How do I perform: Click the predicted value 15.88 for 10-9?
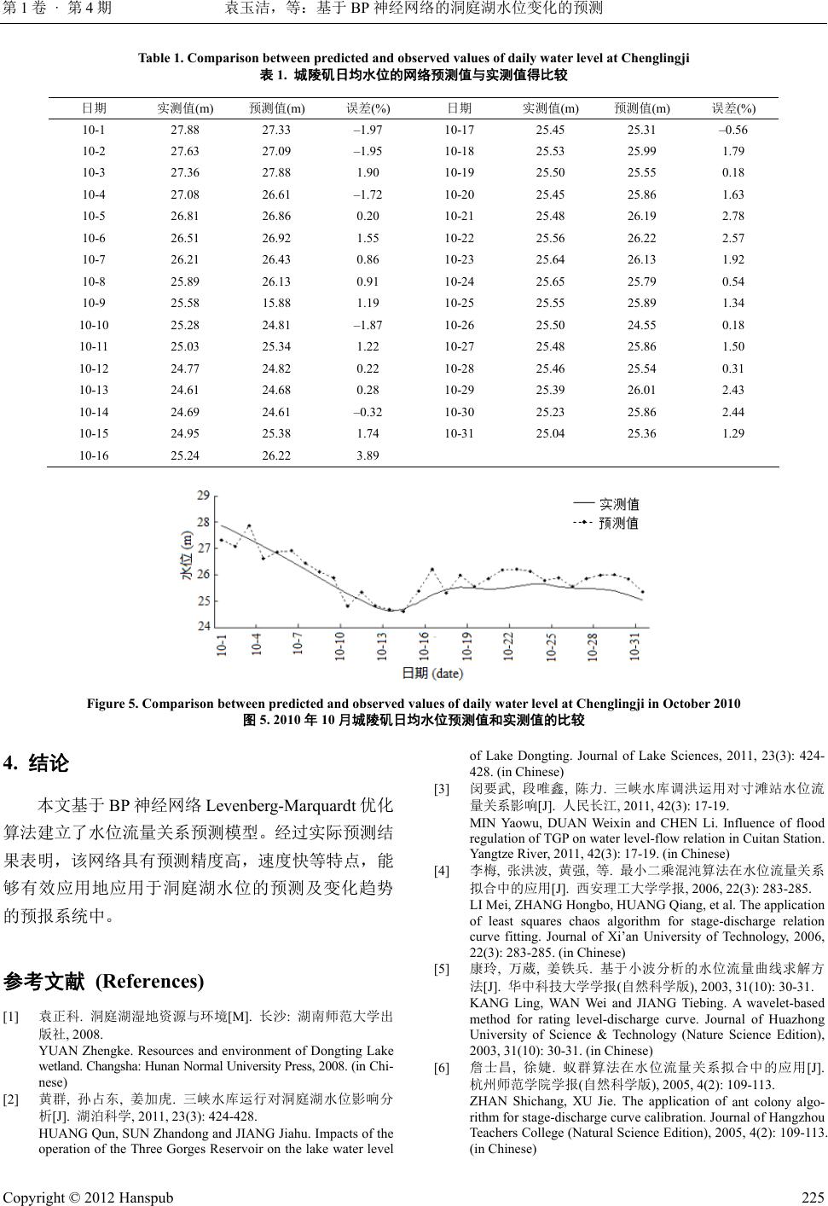(276, 303)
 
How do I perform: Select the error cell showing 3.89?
(368, 455)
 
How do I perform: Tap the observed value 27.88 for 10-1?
(185, 130)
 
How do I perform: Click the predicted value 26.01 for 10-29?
(641, 390)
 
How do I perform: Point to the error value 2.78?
(732, 217)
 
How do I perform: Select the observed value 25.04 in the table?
(550, 433)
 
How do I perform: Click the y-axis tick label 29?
(204, 496)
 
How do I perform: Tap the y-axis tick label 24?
(204, 626)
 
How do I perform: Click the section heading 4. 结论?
(38, 762)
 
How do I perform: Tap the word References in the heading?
(150, 981)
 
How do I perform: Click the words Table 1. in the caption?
(160, 59)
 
